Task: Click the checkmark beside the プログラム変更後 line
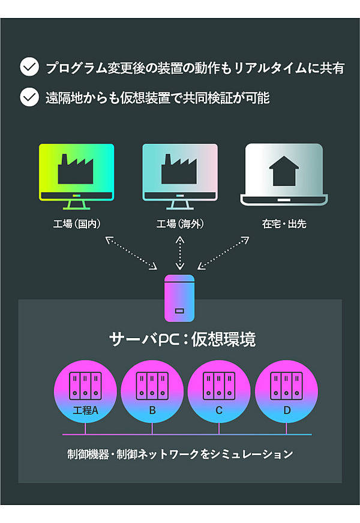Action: coord(29,67)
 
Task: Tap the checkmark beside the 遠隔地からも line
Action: coord(29,97)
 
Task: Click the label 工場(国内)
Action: coord(76,224)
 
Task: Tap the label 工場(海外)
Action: coord(180,224)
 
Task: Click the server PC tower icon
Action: coord(179,298)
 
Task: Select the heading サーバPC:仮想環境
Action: coord(182,339)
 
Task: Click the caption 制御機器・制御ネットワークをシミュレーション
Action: coord(180,455)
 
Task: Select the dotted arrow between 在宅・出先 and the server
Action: coord(223,252)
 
